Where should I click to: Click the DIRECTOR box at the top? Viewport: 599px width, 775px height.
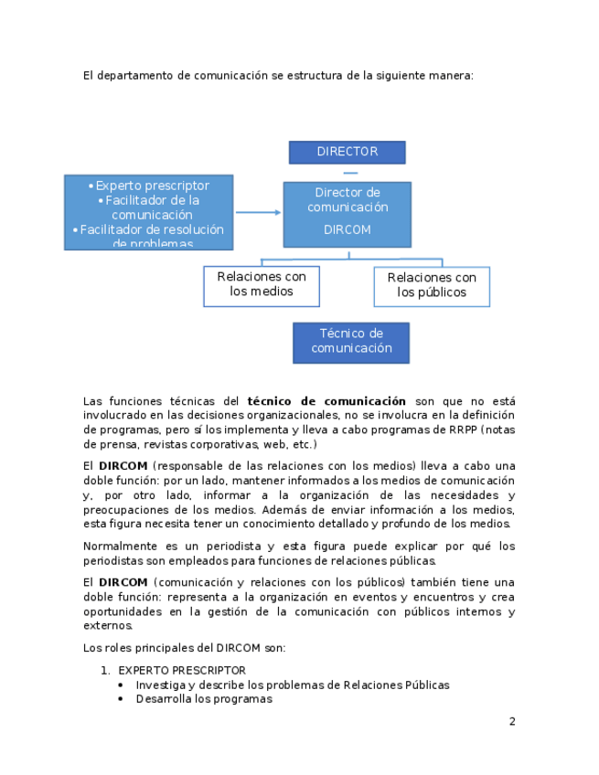(347, 152)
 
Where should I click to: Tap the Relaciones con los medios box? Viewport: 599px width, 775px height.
(261, 284)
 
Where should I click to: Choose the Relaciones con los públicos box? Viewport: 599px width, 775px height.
(432, 285)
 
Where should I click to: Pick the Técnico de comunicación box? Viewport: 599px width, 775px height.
(350, 341)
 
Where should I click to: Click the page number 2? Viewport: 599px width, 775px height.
(512, 721)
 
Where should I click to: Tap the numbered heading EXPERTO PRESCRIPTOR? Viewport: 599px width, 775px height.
(182, 670)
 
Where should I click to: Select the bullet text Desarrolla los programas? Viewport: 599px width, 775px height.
(204, 699)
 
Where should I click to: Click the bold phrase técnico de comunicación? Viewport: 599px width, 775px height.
(326, 401)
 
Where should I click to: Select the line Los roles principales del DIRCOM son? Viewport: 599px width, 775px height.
(184, 648)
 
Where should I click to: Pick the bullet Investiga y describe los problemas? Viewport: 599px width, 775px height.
(293, 685)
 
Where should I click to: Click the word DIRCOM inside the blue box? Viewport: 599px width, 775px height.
(348, 230)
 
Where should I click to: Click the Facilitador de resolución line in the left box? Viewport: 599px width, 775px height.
(152, 229)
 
